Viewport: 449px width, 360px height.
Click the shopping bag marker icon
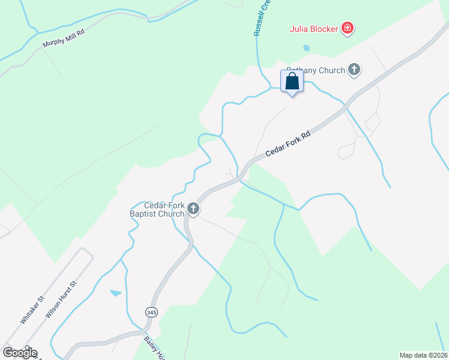tap(292, 82)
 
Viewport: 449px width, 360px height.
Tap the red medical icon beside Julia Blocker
tap(347, 28)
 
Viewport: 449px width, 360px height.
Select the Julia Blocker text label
tap(313, 28)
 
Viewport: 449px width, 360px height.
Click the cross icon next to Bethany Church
tap(354, 70)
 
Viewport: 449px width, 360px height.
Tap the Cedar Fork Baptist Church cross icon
tap(193, 209)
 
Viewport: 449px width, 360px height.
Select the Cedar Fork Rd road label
tap(290, 145)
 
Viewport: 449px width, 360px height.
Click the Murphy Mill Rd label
tap(64, 38)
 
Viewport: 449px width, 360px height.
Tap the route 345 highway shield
tap(151, 313)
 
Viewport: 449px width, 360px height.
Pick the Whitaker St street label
tap(32, 310)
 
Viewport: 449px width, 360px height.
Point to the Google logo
tap(20, 353)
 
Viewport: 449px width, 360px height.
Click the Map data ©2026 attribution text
tap(423, 355)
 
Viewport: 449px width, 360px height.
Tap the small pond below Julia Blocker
tap(307, 47)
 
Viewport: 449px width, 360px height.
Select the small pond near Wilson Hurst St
tap(115, 293)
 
